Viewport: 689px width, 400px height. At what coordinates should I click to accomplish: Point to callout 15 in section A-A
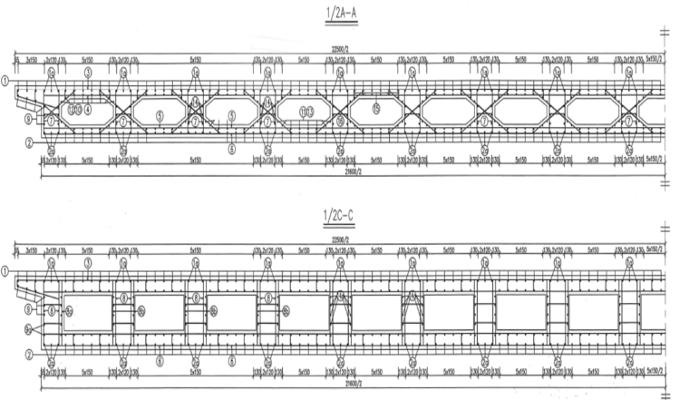coord(375,110)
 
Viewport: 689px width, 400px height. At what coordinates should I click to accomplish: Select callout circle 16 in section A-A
coord(339,120)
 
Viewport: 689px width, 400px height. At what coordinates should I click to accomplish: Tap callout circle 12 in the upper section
coord(71,110)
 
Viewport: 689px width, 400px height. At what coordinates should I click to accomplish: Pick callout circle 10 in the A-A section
coord(79,110)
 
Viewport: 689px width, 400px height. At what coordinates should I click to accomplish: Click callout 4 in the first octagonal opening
coord(88,110)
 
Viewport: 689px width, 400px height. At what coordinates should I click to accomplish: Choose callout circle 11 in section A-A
coord(302,110)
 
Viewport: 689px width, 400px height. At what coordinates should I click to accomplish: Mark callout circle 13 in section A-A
coord(310,110)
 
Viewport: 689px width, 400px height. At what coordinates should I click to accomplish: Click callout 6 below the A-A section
coord(231,147)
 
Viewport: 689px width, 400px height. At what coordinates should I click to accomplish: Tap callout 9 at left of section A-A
coord(28,119)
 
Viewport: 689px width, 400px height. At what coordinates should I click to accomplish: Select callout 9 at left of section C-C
coord(28,308)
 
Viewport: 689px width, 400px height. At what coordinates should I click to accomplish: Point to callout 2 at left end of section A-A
coord(28,142)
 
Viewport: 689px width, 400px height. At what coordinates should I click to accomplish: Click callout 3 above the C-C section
coord(88,261)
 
